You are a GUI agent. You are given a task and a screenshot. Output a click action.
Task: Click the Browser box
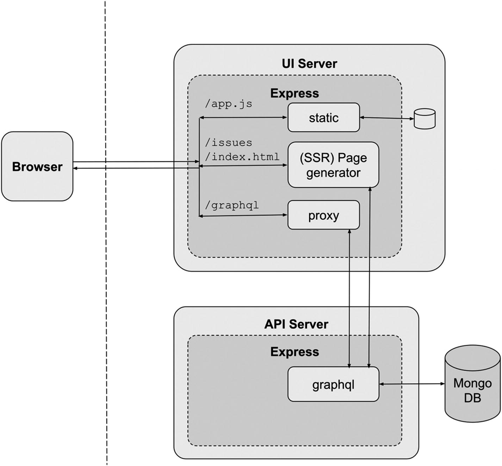click(x=37, y=166)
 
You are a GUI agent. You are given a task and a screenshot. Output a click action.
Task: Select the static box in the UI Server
click(x=323, y=118)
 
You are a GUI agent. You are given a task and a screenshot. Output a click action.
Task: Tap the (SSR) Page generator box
click(x=333, y=165)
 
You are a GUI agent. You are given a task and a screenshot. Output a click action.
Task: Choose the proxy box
click(x=323, y=215)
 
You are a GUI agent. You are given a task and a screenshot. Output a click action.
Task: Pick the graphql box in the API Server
click(x=333, y=384)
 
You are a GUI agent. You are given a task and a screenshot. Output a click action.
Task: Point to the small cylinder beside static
click(x=424, y=119)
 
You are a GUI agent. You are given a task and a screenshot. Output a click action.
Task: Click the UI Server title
click(x=309, y=64)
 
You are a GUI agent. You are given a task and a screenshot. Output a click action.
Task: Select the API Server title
click(x=296, y=324)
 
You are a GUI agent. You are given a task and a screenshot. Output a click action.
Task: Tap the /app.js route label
click(x=229, y=104)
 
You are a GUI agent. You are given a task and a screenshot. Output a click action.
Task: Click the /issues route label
click(x=229, y=143)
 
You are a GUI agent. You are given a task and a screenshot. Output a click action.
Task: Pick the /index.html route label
click(x=242, y=156)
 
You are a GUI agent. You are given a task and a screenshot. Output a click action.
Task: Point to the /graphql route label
click(x=232, y=205)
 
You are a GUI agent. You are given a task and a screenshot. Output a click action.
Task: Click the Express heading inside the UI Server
click(x=295, y=93)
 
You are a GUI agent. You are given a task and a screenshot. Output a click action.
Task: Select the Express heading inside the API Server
click(x=295, y=352)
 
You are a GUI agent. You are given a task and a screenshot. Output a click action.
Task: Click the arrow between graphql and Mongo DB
click(x=412, y=384)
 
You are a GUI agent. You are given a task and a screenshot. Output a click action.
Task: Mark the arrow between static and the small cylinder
click(x=387, y=118)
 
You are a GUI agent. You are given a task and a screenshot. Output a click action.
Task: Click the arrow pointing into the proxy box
click(x=243, y=215)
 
